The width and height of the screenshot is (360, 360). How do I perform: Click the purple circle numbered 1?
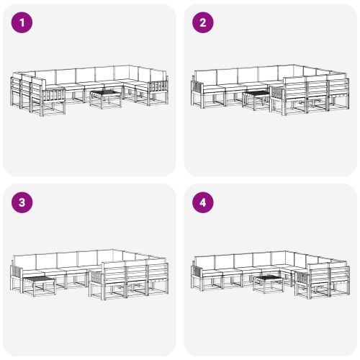coord(22,22)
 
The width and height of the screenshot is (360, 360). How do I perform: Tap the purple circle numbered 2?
coord(203,22)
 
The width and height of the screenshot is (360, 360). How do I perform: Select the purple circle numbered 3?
coord(22,202)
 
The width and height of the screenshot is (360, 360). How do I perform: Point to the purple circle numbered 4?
coord(203,202)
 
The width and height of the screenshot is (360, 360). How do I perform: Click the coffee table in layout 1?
coord(106,99)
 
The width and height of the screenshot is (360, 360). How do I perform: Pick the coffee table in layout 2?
coord(256,100)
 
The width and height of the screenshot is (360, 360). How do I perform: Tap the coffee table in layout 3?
coord(40,286)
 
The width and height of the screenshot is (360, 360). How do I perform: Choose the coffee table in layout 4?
coord(269,284)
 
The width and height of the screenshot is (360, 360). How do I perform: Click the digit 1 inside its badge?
coord(22,22)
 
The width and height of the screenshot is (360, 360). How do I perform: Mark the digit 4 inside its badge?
coord(203,202)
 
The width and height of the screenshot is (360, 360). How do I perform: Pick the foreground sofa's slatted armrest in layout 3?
coord(96,279)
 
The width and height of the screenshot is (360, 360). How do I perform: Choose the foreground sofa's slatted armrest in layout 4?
coord(302,279)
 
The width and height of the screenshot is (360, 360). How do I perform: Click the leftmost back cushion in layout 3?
coord(24,263)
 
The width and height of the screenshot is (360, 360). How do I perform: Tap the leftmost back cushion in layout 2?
coord(206,78)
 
